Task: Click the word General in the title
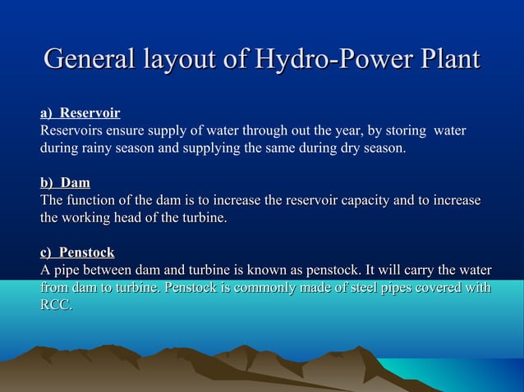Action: (89, 60)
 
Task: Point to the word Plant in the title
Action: (446, 60)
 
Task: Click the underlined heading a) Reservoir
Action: (80, 113)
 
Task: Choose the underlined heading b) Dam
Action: (66, 182)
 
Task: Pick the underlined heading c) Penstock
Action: (77, 252)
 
